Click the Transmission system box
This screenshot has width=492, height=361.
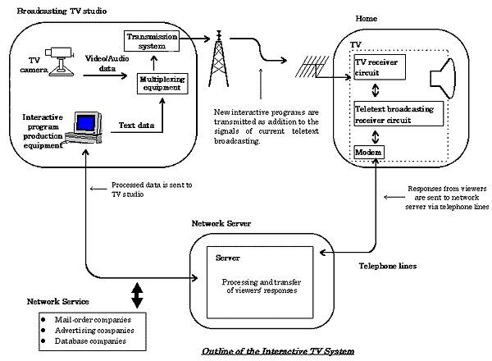click(152, 41)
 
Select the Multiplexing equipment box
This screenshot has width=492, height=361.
click(162, 84)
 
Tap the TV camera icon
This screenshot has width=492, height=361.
click(59, 62)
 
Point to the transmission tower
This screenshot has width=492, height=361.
click(219, 59)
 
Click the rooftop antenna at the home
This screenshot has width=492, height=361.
click(312, 66)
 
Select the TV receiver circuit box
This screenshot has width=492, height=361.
click(380, 67)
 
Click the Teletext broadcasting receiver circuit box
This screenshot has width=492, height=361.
click(399, 114)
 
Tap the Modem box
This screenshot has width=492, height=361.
click(369, 153)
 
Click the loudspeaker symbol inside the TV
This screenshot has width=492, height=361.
click(442, 79)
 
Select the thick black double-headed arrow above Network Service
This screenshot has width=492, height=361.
click(137, 295)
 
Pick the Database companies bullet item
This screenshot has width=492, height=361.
click(84, 341)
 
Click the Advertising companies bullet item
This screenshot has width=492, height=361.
click(88, 331)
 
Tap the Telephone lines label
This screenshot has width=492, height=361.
click(388, 266)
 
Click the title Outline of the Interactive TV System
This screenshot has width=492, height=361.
click(278, 351)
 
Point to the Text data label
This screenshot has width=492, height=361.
click(136, 126)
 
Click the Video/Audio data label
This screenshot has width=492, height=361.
click(107, 63)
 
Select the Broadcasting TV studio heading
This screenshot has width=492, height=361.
click(61, 11)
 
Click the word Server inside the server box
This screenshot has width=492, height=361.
click(228, 258)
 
